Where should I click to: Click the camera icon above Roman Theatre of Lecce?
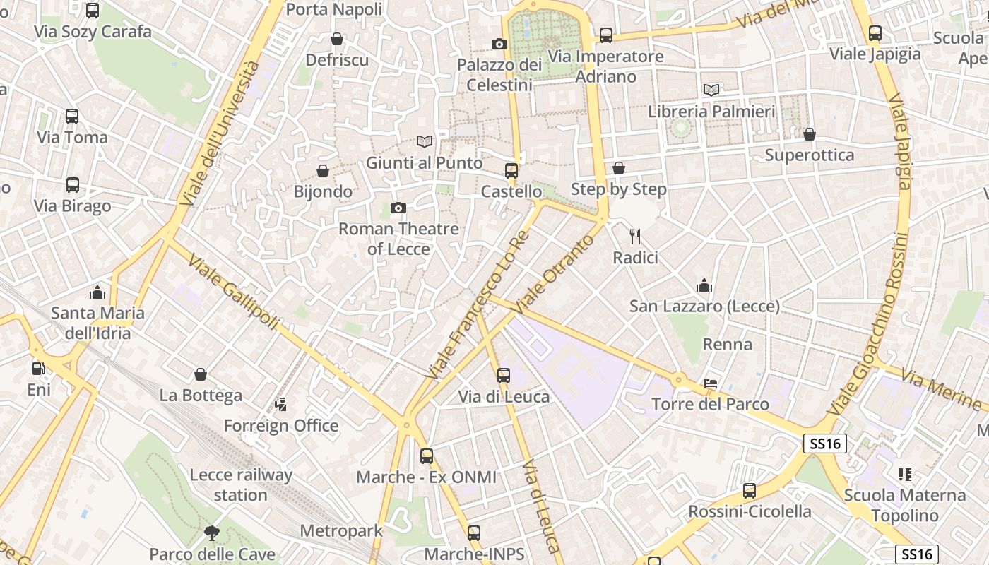[x=398, y=208]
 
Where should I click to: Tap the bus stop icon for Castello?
[x=511, y=170]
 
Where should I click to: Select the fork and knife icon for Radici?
[x=635, y=236]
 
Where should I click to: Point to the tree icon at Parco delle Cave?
[x=211, y=533]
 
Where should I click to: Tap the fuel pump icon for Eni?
[x=39, y=368]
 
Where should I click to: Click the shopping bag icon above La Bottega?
[x=201, y=374]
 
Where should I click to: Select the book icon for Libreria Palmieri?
[x=711, y=90]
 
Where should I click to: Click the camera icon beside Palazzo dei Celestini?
[x=499, y=44]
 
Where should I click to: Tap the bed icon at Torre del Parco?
[x=711, y=383]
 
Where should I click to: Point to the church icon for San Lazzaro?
[x=704, y=285]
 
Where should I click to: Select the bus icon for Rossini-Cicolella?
[x=750, y=490]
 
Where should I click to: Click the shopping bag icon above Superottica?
[x=810, y=133]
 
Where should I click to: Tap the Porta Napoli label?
[x=334, y=9]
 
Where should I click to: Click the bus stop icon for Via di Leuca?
[x=504, y=375]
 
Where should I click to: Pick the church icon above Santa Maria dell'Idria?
[x=97, y=292]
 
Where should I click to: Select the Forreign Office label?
[x=281, y=426]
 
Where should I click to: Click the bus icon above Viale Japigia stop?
[x=875, y=32]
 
